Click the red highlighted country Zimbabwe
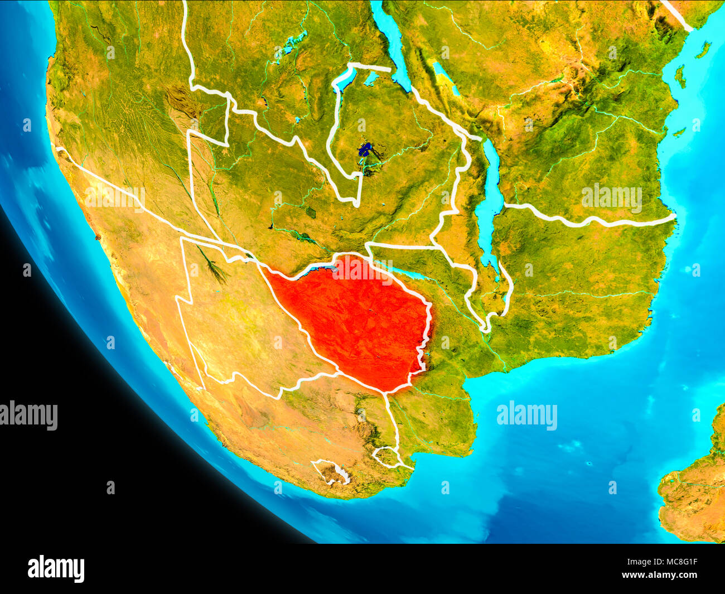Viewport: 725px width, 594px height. [357, 318]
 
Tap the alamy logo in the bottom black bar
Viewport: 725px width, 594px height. [56, 569]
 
